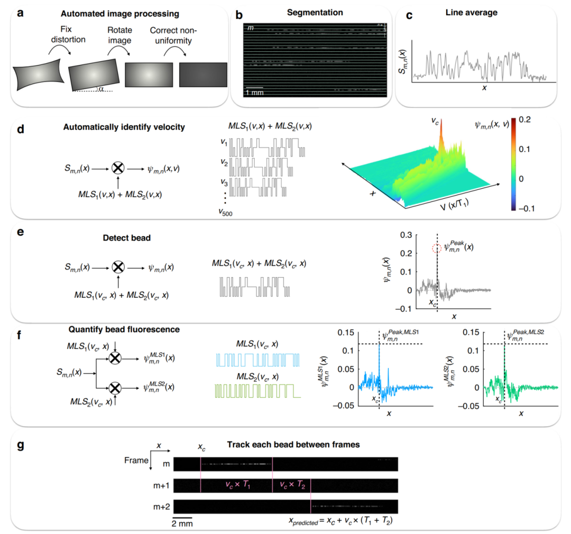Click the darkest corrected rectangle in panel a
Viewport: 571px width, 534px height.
204,75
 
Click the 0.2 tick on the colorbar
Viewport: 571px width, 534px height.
540,120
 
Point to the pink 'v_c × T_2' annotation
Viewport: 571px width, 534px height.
292,483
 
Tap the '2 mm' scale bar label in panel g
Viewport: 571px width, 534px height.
182,523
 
